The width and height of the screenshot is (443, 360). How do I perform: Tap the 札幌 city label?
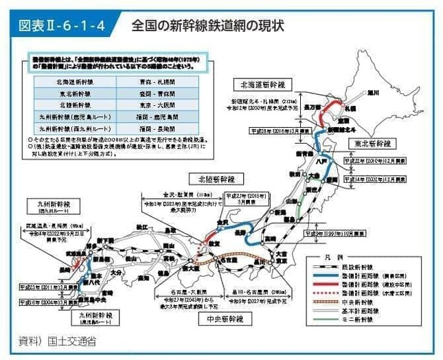pyautogui.click(x=349, y=109)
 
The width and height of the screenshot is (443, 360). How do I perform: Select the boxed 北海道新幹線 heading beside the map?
pyautogui.click(x=262, y=85)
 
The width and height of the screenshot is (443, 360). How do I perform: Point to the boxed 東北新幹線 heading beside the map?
pyautogui.click(x=372, y=144)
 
